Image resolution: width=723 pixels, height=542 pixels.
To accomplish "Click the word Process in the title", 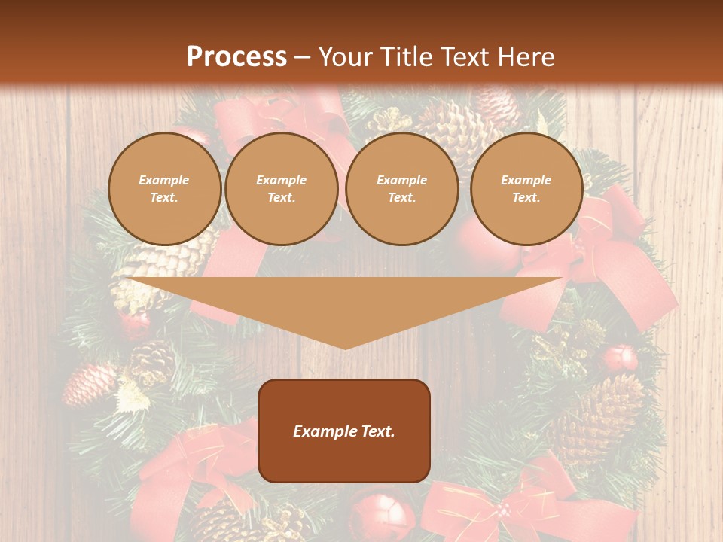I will coord(236,57).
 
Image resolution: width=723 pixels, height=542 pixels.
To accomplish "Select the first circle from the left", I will coord(165,189).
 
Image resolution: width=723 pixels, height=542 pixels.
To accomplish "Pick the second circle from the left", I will coord(282,189).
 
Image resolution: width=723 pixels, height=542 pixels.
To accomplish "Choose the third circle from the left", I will coord(402,189).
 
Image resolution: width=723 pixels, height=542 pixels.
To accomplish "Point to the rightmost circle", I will coord(526,189).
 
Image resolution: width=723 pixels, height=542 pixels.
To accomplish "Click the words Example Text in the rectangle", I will coord(344,431).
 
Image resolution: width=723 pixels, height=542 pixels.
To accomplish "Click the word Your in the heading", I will coord(346,57).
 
